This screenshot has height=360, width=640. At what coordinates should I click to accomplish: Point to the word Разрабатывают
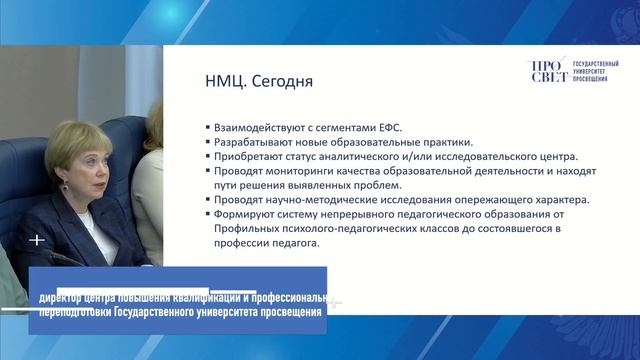click(248, 141)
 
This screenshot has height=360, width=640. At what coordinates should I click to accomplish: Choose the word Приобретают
click(244, 156)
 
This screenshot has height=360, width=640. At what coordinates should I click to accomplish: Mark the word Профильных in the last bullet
click(242, 228)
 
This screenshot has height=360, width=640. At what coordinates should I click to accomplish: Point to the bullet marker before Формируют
click(206, 213)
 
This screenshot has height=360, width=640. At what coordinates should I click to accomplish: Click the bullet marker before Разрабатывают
click(206, 141)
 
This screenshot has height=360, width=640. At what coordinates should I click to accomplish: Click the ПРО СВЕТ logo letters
click(547, 73)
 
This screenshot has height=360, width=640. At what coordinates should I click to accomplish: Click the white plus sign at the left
click(37, 240)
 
